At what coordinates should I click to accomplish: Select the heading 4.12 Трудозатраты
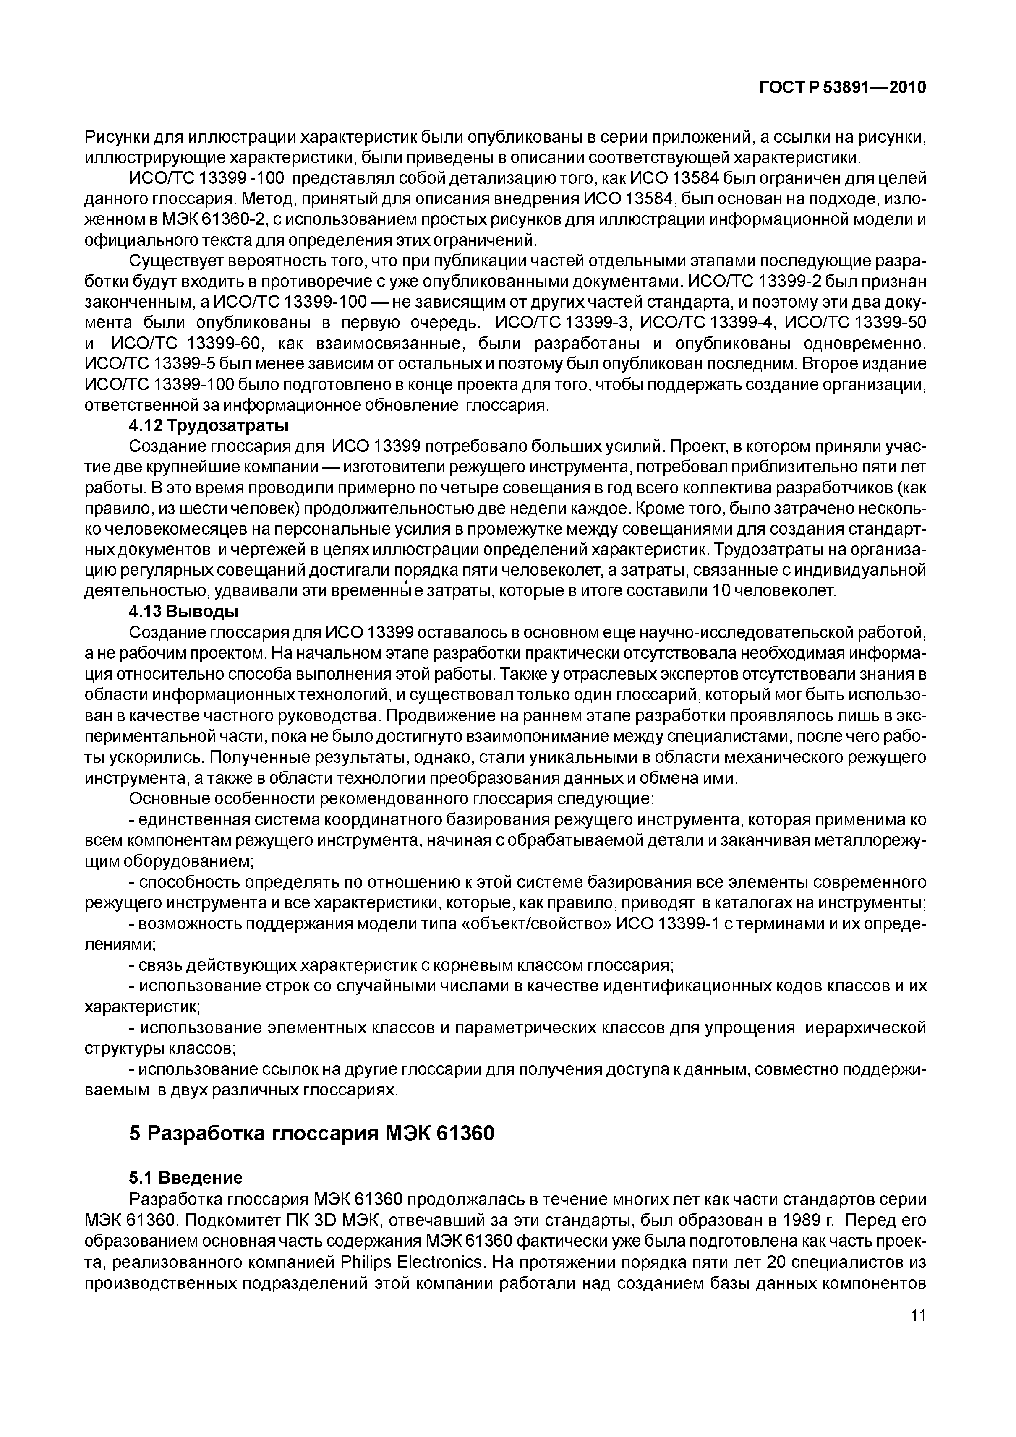[209, 426]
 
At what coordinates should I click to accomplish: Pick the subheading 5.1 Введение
[185, 1178]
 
